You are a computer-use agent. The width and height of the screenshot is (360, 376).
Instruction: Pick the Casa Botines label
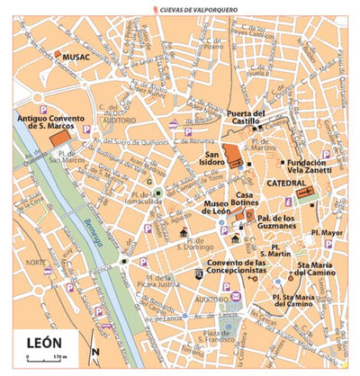point(250,200)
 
